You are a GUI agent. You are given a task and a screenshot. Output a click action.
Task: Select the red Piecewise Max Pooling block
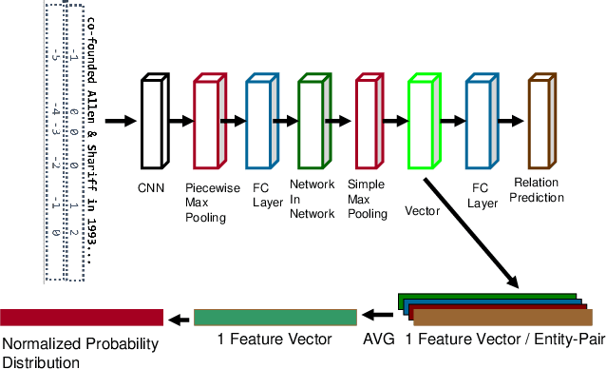(x=208, y=123)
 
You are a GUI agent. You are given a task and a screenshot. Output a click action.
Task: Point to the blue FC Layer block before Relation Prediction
(x=481, y=123)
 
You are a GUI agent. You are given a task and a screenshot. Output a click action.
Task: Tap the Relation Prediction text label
(x=539, y=189)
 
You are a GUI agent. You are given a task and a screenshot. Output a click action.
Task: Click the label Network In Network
(x=312, y=201)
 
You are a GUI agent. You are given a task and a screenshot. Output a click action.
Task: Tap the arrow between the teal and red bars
(x=179, y=318)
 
